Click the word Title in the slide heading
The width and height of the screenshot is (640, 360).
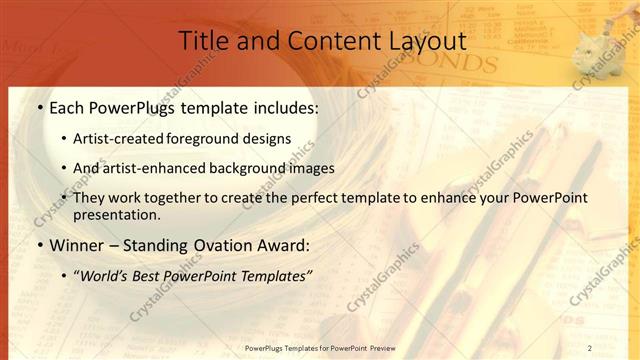[x=201, y=42]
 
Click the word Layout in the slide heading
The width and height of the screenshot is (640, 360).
[x=427, y=42]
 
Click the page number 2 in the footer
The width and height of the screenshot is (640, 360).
[x=589, y=347]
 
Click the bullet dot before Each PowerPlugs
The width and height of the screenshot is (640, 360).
[x=39, y=107]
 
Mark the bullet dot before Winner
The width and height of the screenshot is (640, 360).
[x=39, y=245]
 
